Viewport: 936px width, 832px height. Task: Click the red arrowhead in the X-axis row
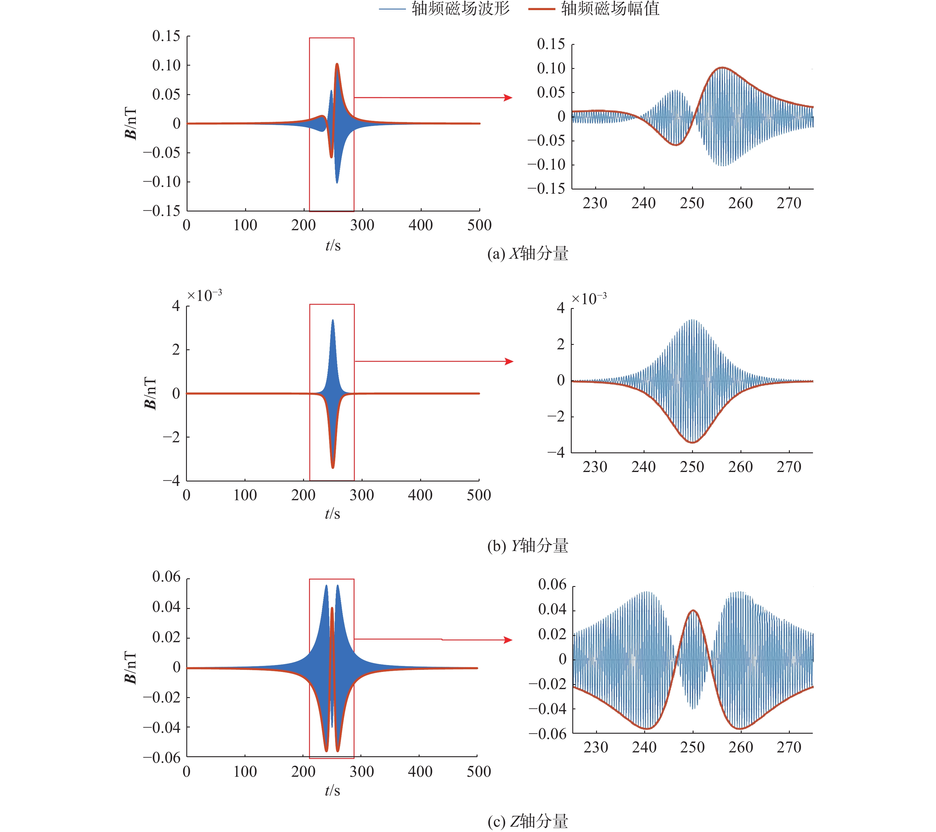coord(508,97)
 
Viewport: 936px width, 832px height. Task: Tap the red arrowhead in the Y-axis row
coord(509,361)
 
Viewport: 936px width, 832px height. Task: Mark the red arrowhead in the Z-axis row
coord(508,640)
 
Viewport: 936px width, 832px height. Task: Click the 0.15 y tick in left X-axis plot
coord(166,36)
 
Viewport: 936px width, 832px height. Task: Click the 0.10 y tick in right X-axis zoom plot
coord(551,69)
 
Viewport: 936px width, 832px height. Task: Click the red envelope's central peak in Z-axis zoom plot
coord(693,610)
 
